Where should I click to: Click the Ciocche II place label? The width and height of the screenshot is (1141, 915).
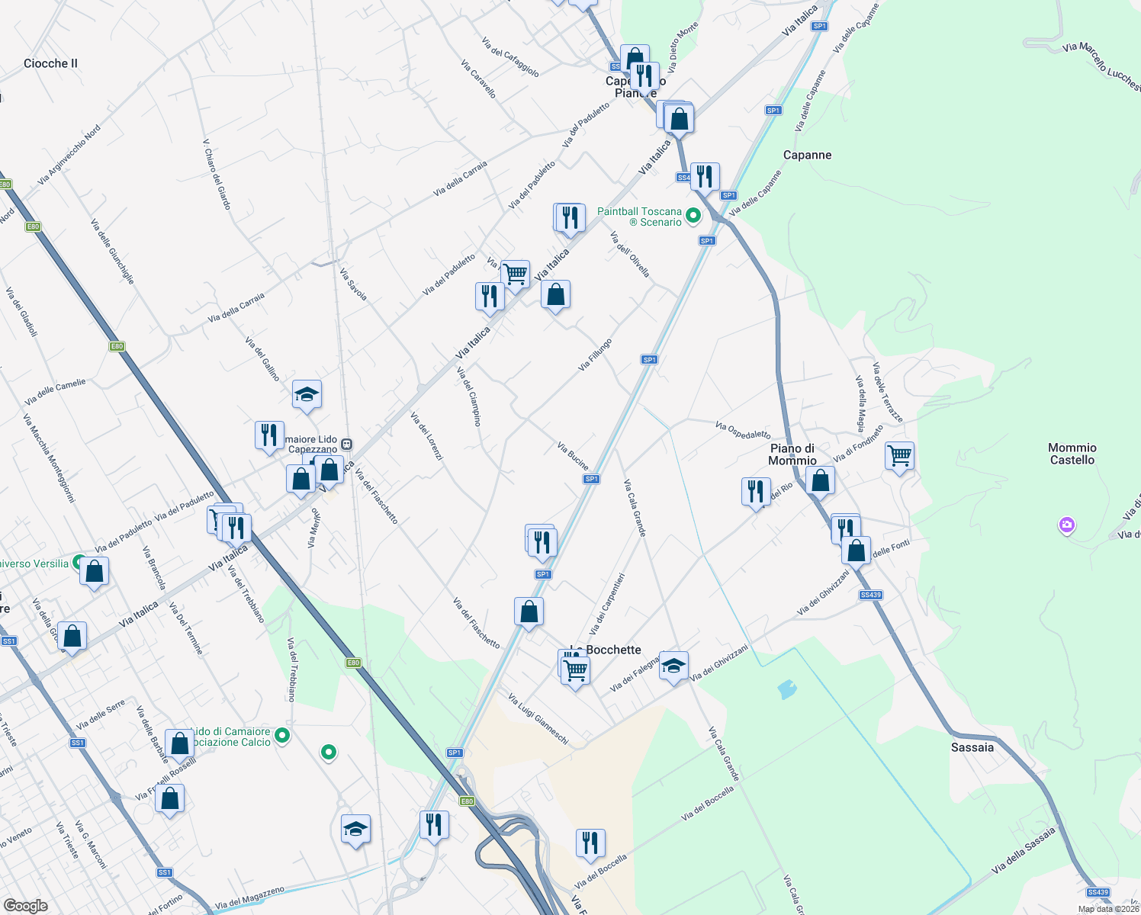pos(50,63)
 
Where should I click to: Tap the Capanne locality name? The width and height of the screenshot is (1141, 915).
pos(807,155)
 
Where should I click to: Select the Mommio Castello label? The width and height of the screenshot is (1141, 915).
pos(1072,454)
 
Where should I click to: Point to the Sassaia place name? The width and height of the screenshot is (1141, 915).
pos(972,747)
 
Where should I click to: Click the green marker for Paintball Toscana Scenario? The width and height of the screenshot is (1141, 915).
pos(693,217)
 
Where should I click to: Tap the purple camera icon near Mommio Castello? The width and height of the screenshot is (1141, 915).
pos(1066,525)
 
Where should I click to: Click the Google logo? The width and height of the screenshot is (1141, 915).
pos(25,906)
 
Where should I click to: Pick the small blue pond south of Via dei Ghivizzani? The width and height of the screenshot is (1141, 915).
pos(786,690)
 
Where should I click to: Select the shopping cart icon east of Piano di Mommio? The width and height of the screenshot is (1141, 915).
pos(899,456)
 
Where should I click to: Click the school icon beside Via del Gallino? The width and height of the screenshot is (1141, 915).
pos(307,394)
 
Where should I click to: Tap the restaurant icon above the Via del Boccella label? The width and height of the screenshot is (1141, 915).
pos(590,843)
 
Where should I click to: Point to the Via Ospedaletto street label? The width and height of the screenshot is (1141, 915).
pos(743,430)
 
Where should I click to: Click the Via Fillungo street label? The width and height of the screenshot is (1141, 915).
pos(595,355)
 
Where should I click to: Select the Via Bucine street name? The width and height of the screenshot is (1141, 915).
pos(573,455)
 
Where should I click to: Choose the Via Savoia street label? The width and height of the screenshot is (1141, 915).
pos(353,284)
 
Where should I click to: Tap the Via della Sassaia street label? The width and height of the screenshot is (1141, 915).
pos(1024,850)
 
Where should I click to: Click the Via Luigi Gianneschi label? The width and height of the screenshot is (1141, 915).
pos(538,718)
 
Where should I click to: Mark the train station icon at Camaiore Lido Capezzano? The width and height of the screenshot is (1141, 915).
pos(346,444)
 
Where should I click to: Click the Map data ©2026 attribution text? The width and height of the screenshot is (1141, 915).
pos(1108,909)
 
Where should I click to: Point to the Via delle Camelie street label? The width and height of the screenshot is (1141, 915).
pos(55,392)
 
